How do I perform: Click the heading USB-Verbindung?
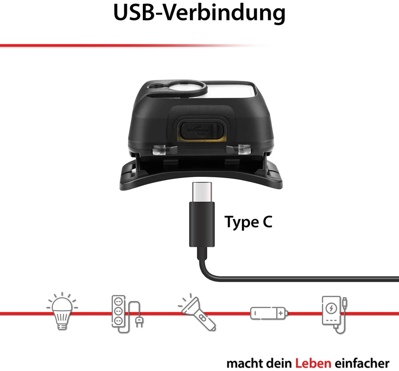click(199, 13)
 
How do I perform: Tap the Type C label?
click(248, 222)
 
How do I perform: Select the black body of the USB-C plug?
click(202, 224)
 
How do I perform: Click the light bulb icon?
click(62, 311)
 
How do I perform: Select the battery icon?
click(269, 313)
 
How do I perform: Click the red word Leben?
click(313, 363)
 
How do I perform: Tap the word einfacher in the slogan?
click(362, 363)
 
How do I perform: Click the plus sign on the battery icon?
click(280, 313)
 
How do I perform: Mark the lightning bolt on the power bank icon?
click(331, 309)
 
